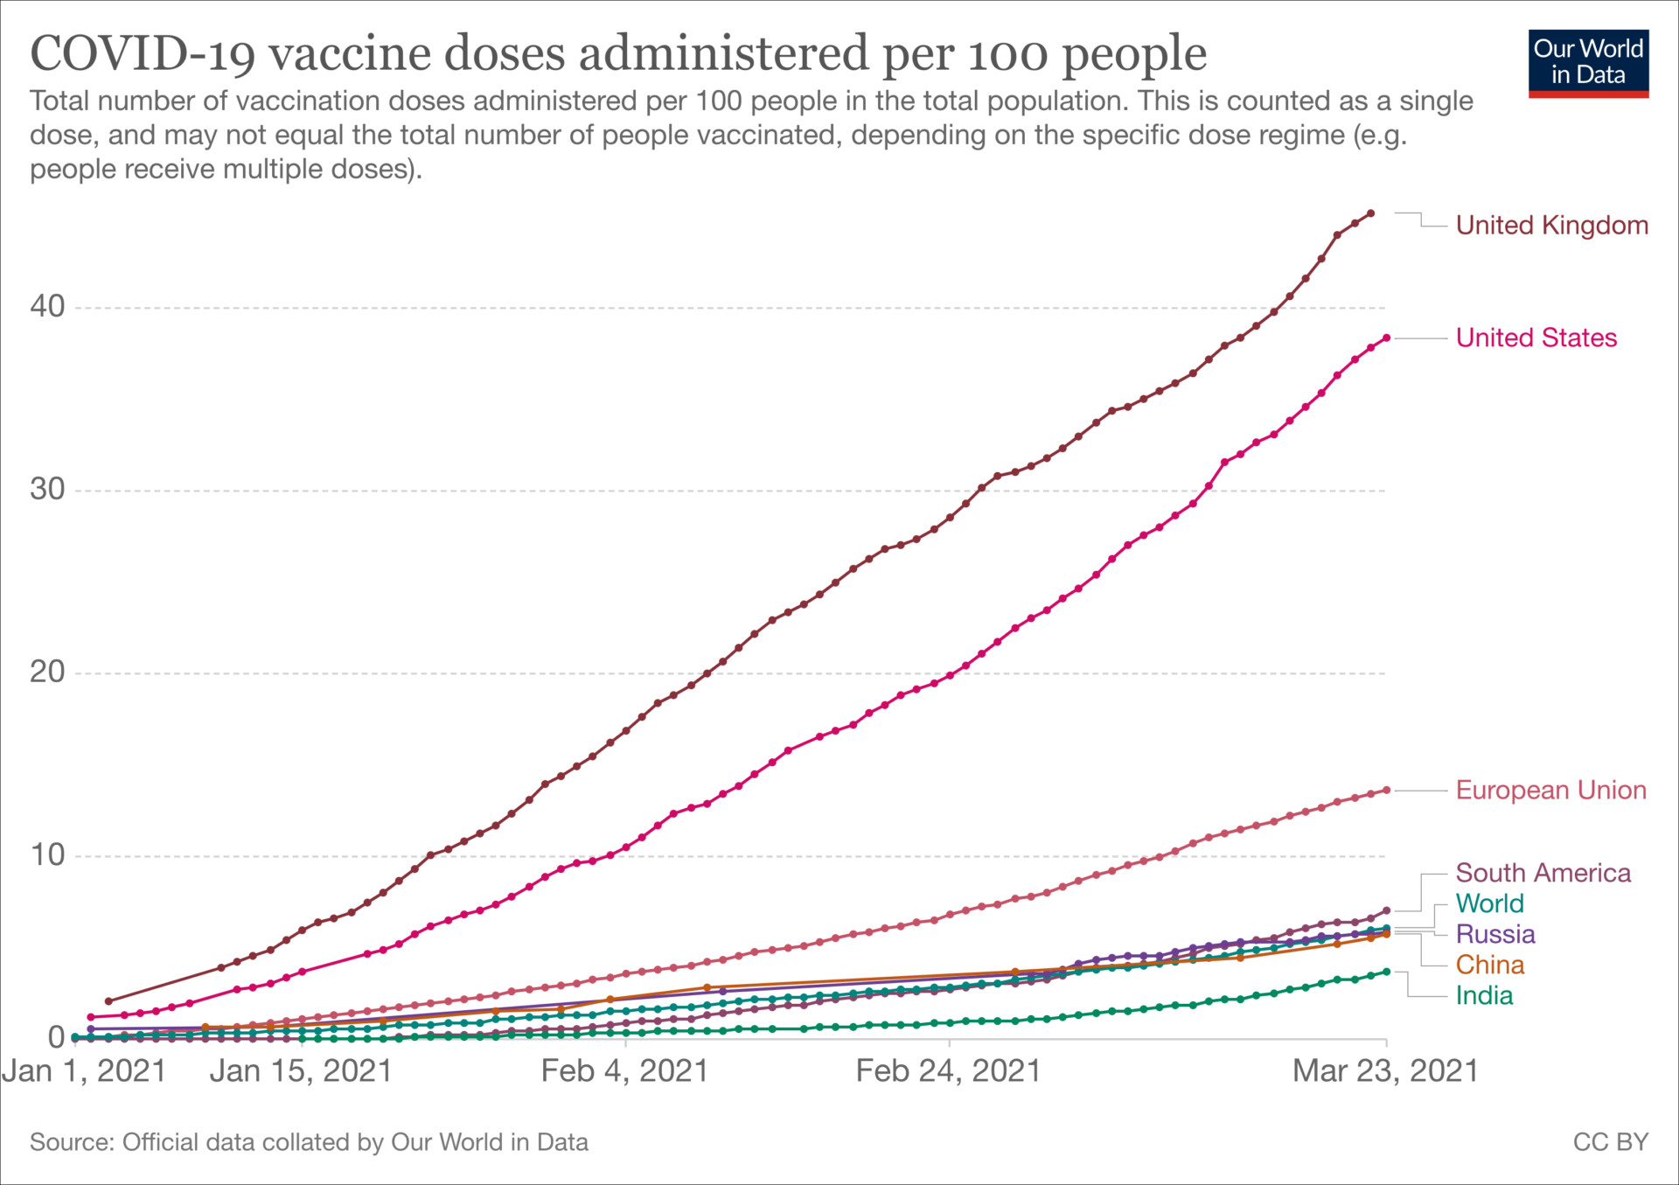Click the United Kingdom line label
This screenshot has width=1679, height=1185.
[1551, 226]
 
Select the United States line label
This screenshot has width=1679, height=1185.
[1536, 338]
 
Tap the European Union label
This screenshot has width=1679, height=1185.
[1550, 791]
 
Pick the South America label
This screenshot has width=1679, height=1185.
[1543, 873]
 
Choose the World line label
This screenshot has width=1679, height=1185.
[1489, 903]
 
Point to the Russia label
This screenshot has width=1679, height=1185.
[1494, 934]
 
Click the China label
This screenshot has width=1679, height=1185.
[1489, 965]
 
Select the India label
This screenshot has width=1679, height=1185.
[1484, 995]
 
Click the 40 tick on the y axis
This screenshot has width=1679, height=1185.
[47, 307]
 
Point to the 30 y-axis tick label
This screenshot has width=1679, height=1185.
[47, 490]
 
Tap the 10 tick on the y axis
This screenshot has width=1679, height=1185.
[47, 855]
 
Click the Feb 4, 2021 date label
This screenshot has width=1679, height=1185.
[624, 1071]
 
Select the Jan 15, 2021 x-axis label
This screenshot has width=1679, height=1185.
[301, 1071]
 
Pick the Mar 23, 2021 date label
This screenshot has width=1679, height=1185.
[1385, 1071]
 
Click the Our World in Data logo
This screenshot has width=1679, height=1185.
[1588, 64]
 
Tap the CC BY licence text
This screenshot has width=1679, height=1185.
[1610, 1142]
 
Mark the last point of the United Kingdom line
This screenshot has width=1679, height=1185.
[1370, 213]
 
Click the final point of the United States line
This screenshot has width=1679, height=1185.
[1386, 338]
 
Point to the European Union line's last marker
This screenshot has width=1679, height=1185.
[1386, 791]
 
